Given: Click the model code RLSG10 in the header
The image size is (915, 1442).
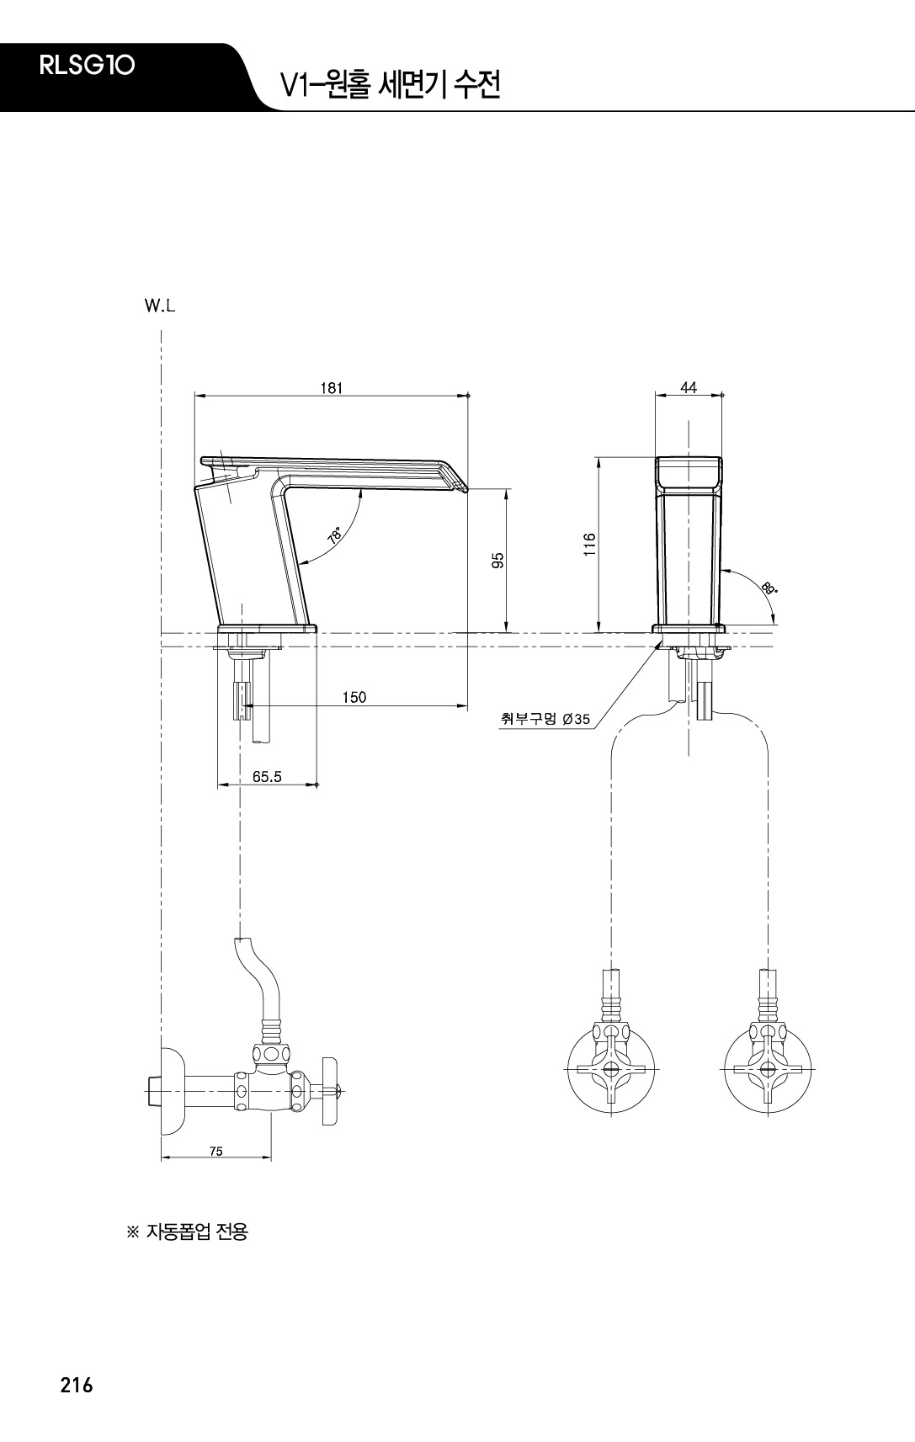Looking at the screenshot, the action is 87,65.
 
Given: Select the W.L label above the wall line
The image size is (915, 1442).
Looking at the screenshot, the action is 160,306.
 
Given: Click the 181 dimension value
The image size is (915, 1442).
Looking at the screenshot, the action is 332,387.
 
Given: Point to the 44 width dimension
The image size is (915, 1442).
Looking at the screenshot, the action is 689,387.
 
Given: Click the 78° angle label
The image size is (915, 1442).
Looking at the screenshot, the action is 335,535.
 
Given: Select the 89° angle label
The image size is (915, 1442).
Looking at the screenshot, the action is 769,587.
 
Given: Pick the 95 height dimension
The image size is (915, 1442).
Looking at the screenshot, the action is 497,560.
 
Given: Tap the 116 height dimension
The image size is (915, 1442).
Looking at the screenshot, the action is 589,545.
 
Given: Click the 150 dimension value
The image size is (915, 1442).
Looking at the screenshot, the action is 354,697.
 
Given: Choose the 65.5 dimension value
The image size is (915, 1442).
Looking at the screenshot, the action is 267,776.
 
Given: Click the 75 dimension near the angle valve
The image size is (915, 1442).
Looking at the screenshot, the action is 216,1151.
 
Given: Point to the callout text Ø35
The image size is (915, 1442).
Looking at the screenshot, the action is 576,719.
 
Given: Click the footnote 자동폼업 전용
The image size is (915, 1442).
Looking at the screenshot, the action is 188,1232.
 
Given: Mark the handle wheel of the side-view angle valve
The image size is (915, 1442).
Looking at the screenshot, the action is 330,1090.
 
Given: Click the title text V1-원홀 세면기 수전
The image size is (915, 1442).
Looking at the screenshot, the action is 391,84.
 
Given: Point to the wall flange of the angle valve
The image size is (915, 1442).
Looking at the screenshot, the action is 172,1091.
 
